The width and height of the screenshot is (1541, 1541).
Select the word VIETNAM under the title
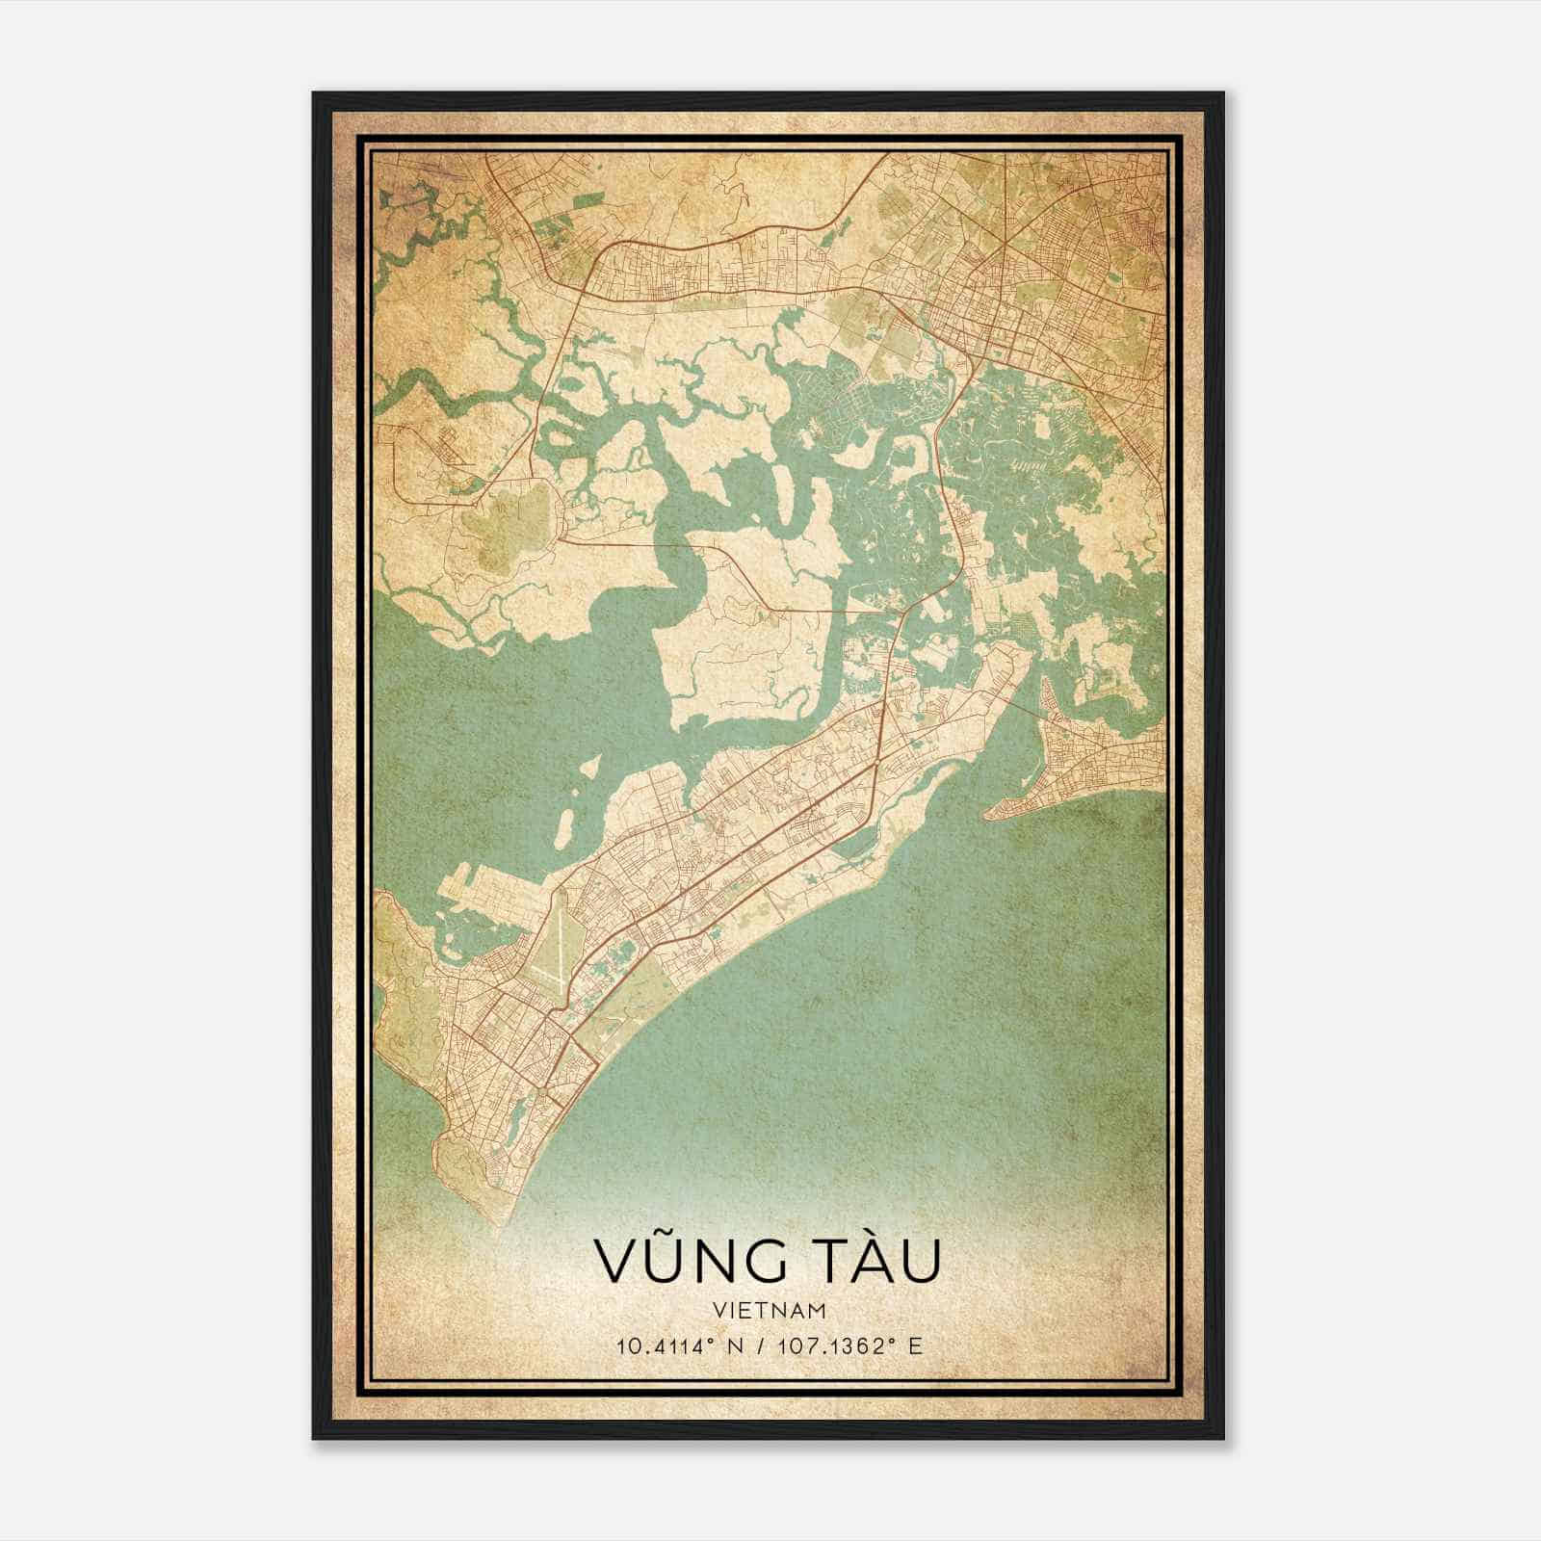[x=770, y=1310]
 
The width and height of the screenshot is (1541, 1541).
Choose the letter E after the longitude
[x=916, y=1345]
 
